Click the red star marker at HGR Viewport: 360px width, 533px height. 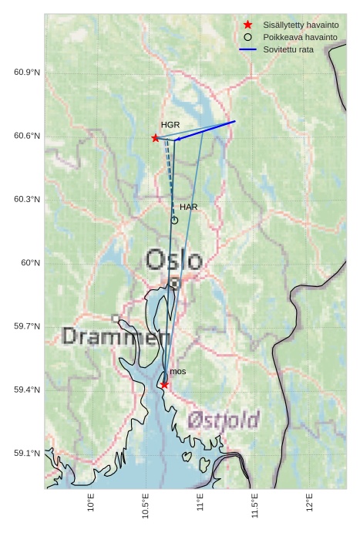point(156,138)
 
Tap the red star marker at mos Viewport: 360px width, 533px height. point(164,384)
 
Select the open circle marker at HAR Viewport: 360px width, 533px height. point(174,220)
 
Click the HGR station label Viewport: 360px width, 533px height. point(170,124)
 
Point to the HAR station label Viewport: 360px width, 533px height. point(189,207)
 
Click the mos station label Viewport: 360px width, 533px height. point(178,372)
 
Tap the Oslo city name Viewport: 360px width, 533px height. point(174,260)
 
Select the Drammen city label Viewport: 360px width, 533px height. point(116,336)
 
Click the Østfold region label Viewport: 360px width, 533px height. point(224,420)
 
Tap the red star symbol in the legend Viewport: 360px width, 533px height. point(247,25)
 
